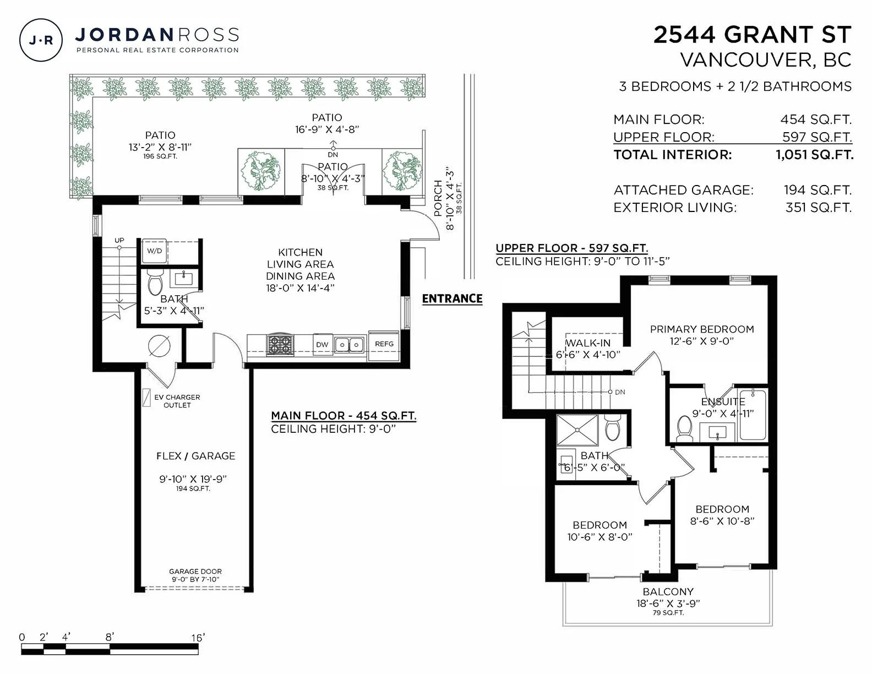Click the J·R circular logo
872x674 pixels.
coord(41,40)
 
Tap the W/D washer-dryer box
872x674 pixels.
coord(155,251)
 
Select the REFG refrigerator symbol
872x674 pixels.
coord(384,345)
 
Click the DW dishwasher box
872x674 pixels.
coord(322,345)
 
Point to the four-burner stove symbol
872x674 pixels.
coord(281,345)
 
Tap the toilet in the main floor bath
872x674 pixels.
coord(155,282)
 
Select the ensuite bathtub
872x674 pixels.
coord(754,415)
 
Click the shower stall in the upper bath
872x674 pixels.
coord(577,430)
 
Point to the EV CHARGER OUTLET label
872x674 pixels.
coord(177,401)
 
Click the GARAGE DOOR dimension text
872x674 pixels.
coord(195,575)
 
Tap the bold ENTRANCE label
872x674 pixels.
coord(452,298)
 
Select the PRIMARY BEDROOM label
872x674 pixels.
coord(702,329)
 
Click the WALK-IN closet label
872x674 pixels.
coord(588,343)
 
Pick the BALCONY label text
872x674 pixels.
coord(668,591)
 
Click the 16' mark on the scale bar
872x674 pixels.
coord(198,638)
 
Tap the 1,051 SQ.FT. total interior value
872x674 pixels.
coord(814,155)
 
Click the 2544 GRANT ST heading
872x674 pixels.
coord(752,35)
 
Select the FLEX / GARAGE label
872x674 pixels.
coord(195,456)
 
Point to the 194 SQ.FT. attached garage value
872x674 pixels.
coord(817,190)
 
